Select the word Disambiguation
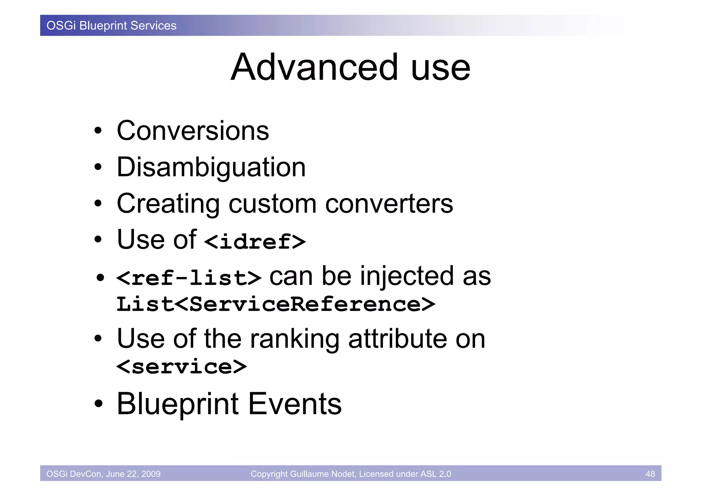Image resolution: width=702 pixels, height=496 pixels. (211, 167)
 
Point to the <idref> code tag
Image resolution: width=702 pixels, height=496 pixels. (255, 241)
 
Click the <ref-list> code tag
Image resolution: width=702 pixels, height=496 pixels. (189, 278)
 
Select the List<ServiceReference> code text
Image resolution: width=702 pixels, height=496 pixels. (276, 304)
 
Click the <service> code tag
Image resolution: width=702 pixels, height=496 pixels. (181, 367)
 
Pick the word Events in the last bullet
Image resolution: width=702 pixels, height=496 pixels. (295, 404)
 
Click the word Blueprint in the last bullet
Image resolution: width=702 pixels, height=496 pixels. (178, 404)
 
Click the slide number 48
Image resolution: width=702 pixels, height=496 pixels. (650, 474)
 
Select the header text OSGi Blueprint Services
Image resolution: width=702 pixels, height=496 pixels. (111, 26)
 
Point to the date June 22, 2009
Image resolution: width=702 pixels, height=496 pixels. (133, 474)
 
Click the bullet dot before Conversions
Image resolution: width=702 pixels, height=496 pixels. (98, 131)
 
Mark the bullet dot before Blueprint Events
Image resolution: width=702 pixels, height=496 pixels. (98, 404)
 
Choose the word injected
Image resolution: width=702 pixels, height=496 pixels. (407, 276)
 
